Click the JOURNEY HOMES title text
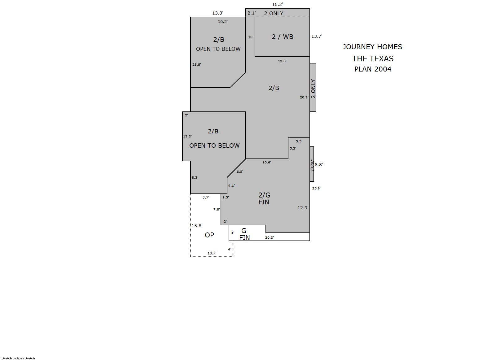tap(372, 47)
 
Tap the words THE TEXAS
tap(373, 59)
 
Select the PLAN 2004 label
tap(373, 69)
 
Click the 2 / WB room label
tap(282, 37)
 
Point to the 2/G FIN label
tap(264, 198)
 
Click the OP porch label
tap(209, 235)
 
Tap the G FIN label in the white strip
tap(244, 234)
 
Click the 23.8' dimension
tap(197, 65)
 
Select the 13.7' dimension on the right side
tap(317, 36)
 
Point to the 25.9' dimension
tap(316, 188)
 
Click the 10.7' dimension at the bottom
tap(212, 253)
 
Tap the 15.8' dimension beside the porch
tap(197, 226)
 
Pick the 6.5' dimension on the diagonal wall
tap(240, 172)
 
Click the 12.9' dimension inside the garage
tap(303, 208)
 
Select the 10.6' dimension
tap(267, 162)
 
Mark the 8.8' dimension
tap(319, 165)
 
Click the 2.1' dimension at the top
tap(252, 13)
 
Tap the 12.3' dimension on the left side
tap(187, 136)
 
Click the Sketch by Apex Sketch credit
tap(18, 358)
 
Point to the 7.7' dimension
tap(206, 198)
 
